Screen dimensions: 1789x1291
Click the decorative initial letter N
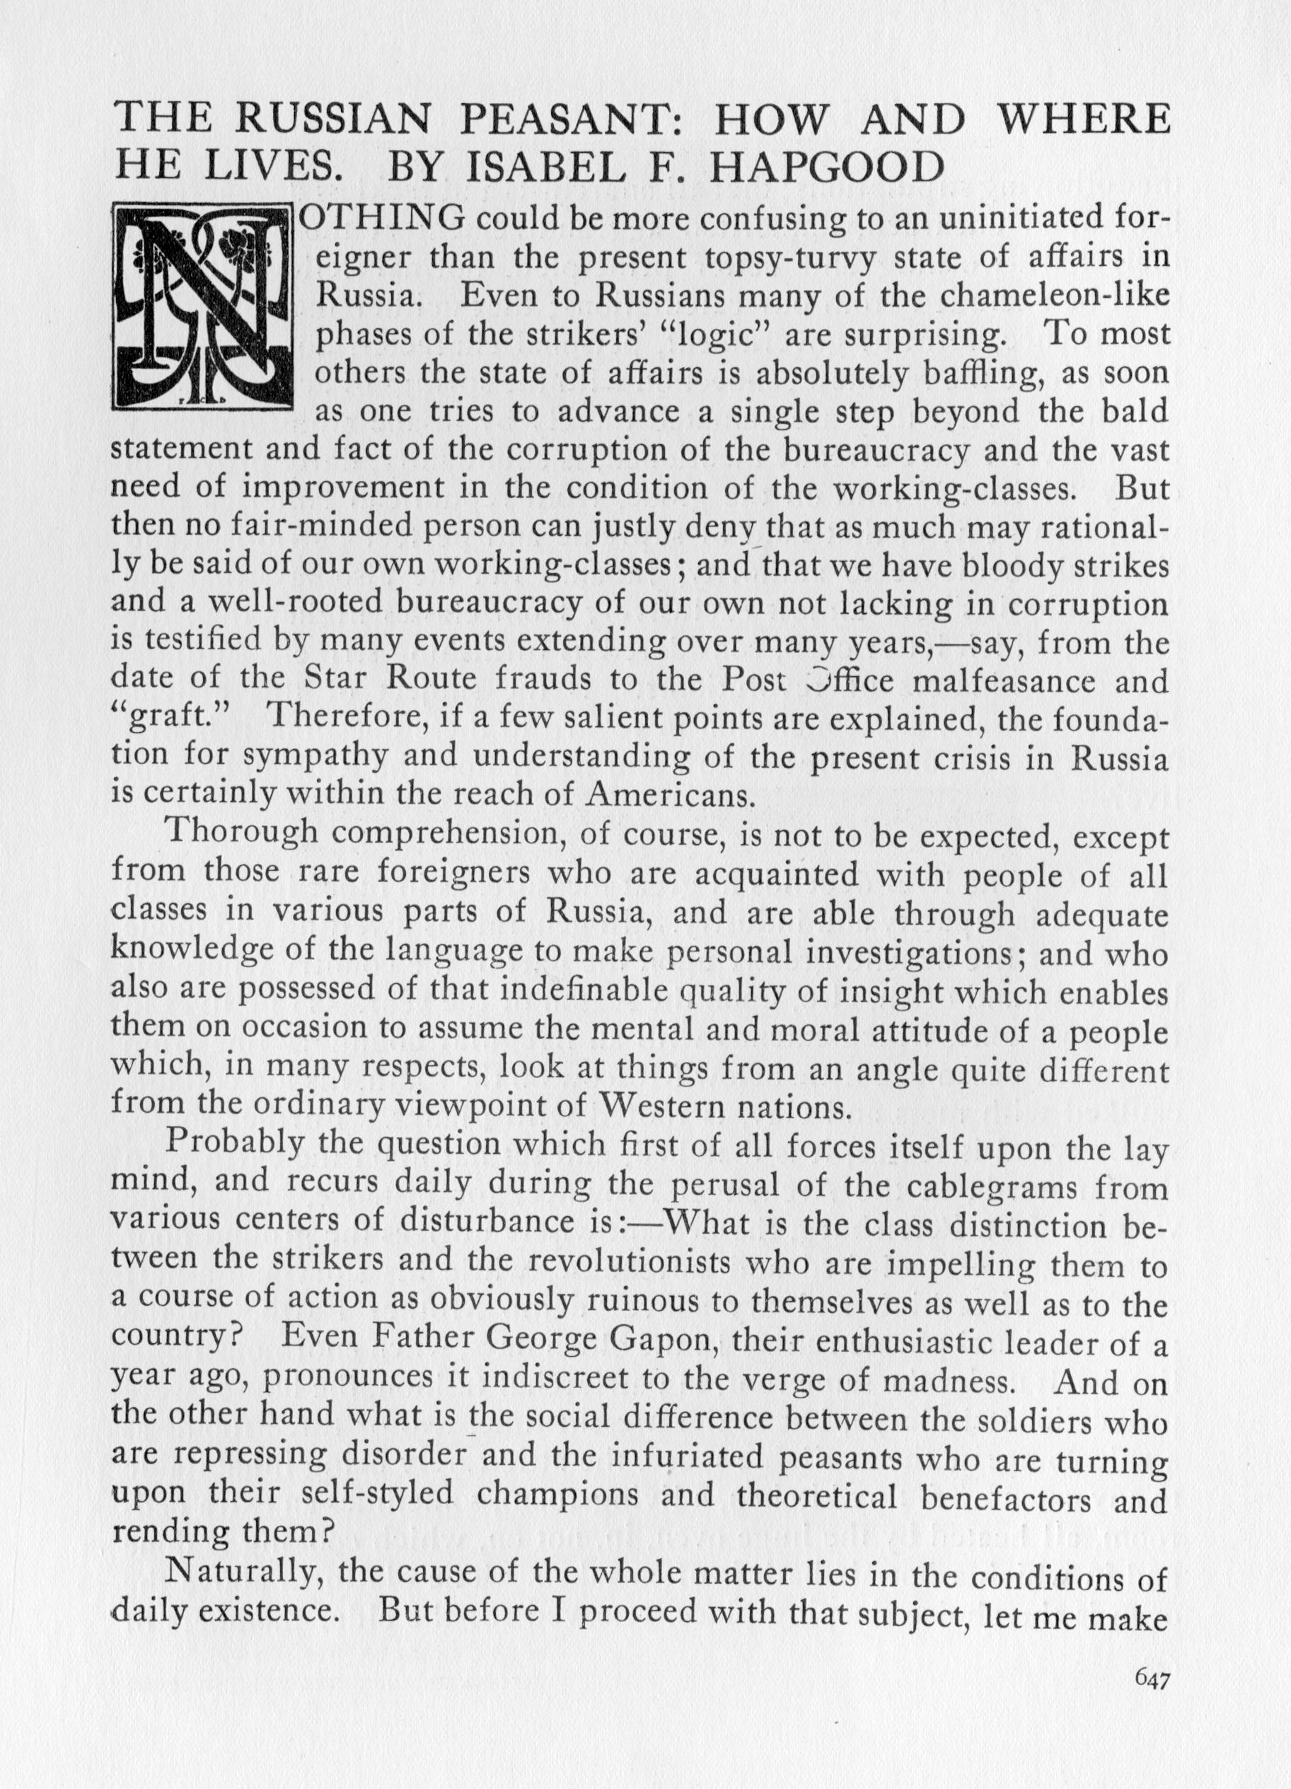click(x=204, y=306)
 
